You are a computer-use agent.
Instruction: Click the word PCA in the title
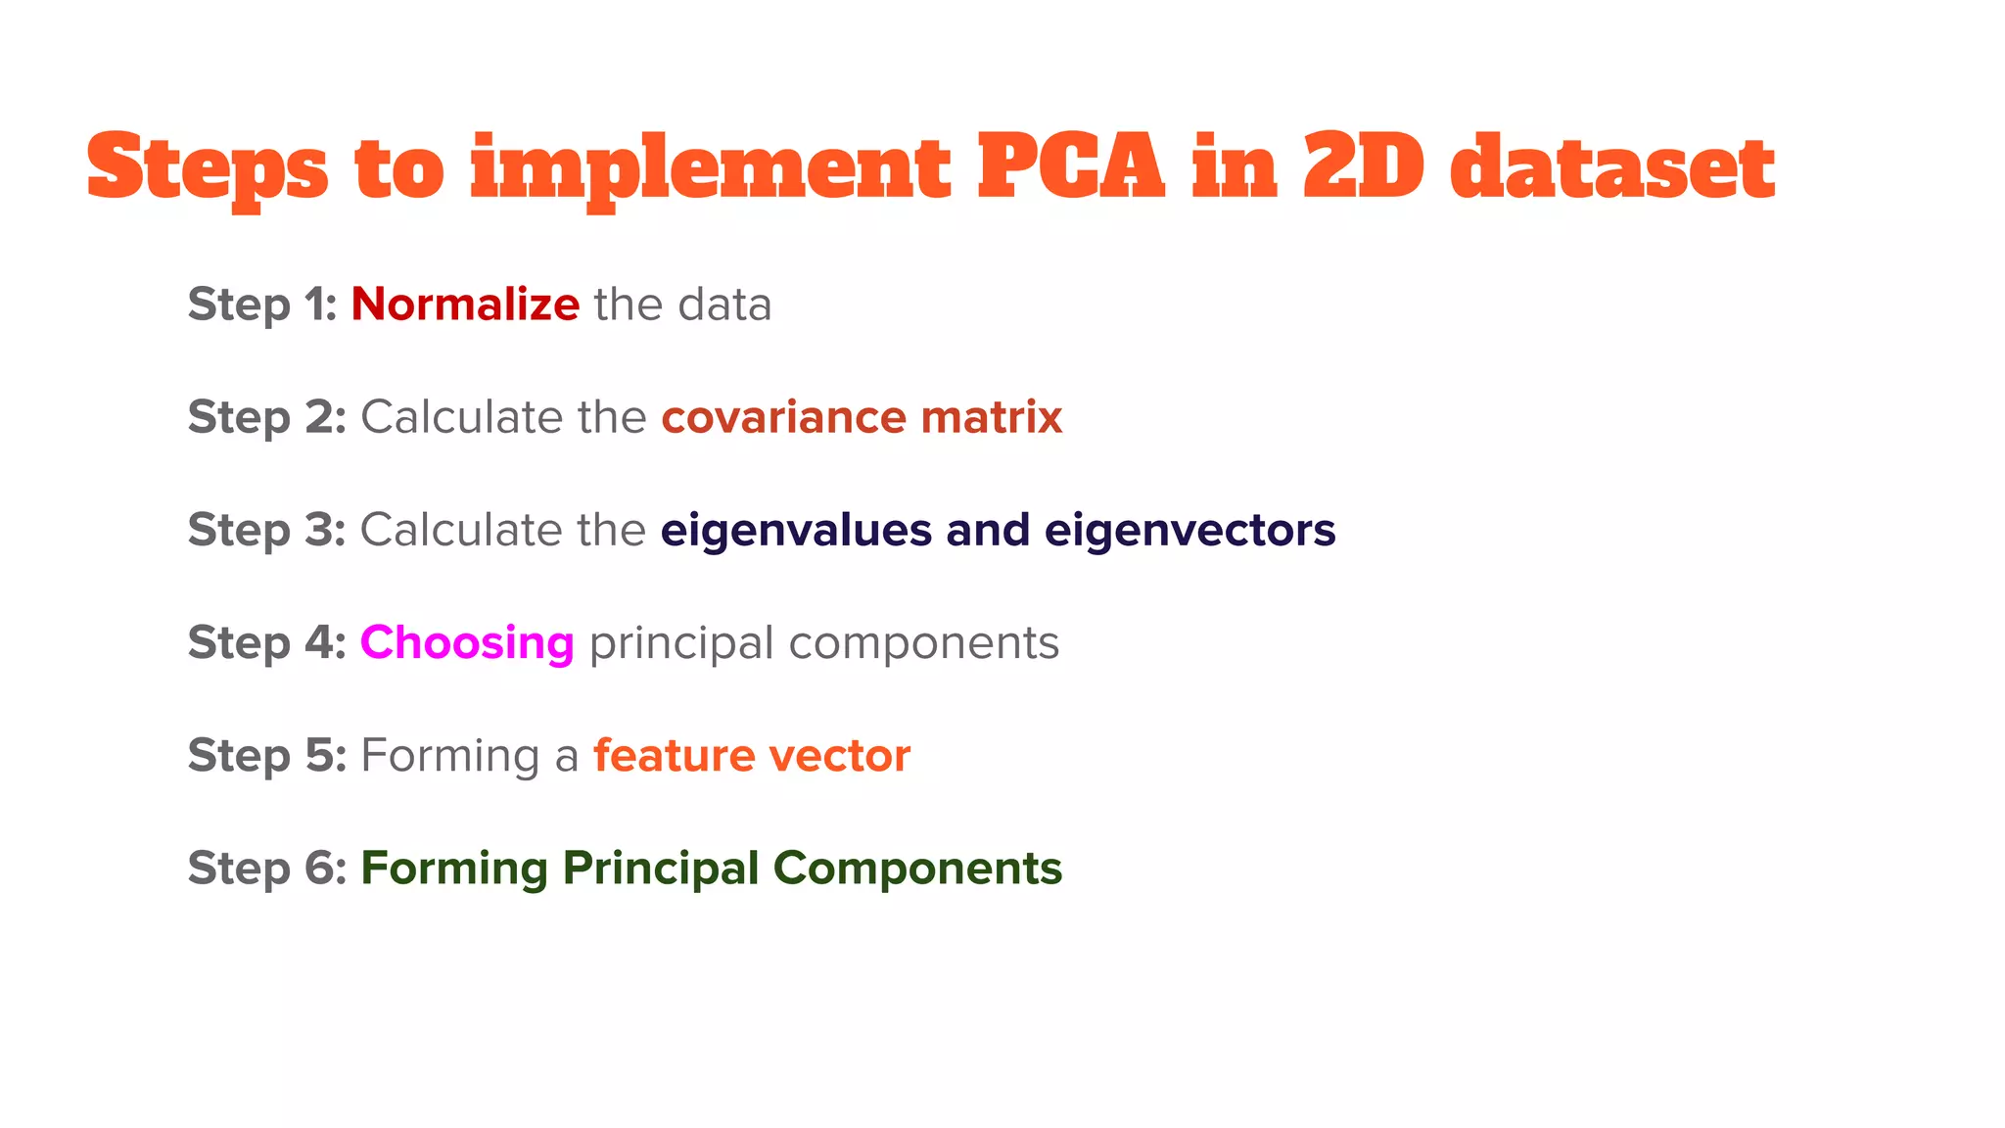(x=1071, y=166)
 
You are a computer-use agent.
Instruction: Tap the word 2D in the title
(x=1363, y=166)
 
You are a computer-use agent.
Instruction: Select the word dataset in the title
(x=1612, y=166)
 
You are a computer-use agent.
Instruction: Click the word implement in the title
(x=710, y=171)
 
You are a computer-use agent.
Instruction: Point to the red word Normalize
(x=465, y=305)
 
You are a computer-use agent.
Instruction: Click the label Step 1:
(x=262, y=305)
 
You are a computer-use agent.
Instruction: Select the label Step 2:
(x=266, y=418)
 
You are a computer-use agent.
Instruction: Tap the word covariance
(x=783, y=418)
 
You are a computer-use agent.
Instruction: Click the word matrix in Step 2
(x=992, y=418)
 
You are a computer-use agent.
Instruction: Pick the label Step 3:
(x=266, y=531)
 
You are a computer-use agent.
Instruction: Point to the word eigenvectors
(x=1189, y=531)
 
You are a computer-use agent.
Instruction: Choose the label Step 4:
(x=266, y=643)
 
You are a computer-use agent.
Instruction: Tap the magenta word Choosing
(x=467, y=643)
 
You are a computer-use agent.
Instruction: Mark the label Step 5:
(x=266, y=756)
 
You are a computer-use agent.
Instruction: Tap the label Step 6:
(x=266, y=869)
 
